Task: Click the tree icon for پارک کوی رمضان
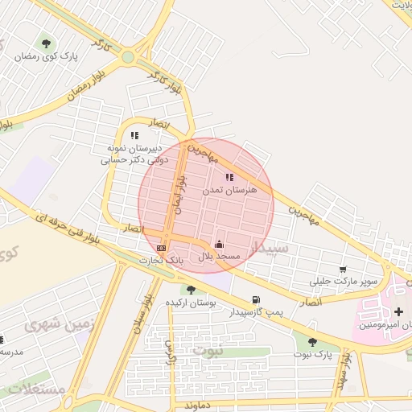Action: (x=46, y=43)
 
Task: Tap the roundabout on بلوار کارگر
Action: (x=128, y=57)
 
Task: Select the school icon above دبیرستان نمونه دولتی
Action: (x=134, y=135)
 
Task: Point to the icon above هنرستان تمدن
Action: (x=229, y=177)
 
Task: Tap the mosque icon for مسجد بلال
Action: (x=219, y=244)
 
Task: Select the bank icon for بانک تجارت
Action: (x=162, y=249)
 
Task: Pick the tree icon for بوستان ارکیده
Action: (x=191, y=290)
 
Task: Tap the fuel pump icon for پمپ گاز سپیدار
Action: (x=256, y=299)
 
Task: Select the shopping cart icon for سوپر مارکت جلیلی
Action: (x=344, y=270)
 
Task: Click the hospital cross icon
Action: (x=398, y=311)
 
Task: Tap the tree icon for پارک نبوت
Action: (x=312, y=342)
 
